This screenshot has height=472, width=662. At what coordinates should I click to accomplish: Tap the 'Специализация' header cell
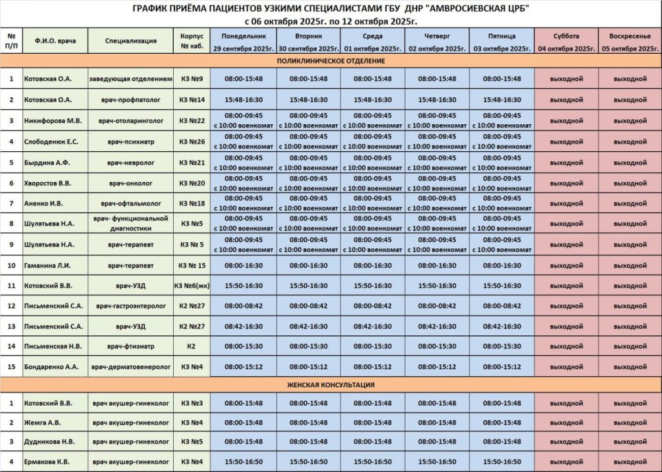click(131, 41)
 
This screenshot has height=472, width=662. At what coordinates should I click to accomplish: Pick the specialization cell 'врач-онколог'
click(131, 183)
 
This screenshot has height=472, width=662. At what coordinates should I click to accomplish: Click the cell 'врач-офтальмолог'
click(131, 204)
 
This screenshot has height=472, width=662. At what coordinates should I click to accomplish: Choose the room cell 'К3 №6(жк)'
click(192, 285)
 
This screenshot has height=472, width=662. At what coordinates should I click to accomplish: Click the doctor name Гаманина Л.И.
click(52, 265)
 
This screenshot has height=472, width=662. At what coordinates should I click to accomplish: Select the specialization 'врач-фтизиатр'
click(131, 346)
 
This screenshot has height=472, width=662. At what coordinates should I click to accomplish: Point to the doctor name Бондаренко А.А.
click(53, 366)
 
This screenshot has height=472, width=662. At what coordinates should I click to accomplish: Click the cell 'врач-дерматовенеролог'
click(131, 366)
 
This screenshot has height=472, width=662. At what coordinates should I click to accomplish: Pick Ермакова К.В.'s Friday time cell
click(502, 461)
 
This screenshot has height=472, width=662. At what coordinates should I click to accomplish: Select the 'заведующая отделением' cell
click(131, 79)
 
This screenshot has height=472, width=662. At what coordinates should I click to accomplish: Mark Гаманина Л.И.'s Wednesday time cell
click(372, 265)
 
